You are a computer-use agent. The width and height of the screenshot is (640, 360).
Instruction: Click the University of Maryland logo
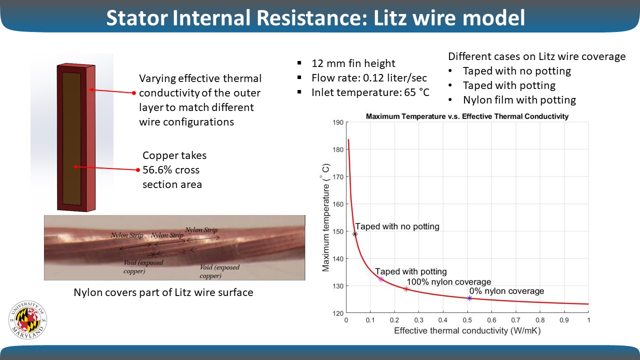27,320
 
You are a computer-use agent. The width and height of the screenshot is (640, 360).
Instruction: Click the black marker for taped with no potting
355,234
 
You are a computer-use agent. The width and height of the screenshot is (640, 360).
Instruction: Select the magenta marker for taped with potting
381,279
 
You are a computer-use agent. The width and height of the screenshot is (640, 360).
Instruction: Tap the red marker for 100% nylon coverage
406,289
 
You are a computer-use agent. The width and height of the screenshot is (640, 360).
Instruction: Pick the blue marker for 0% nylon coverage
469,298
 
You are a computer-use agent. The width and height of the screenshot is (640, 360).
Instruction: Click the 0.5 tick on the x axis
467,319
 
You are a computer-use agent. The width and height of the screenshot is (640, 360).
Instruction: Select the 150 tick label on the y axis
337,231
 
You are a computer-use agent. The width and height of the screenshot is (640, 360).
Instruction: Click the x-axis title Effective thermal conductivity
467,330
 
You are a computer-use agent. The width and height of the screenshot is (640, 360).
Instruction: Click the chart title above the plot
467,116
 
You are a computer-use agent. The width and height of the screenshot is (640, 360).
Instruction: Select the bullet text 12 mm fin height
353,63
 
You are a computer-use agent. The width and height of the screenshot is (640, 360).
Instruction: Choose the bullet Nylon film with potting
519,100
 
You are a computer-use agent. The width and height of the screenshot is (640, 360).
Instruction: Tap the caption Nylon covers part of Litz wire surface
163,292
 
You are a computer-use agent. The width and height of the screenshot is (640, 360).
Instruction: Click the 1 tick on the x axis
588,319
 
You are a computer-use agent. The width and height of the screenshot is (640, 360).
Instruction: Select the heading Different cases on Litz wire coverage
536,56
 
